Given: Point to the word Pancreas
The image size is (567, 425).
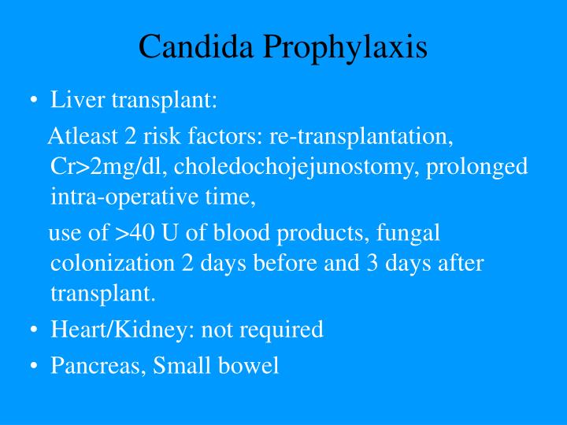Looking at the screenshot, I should tap(87, 366).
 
